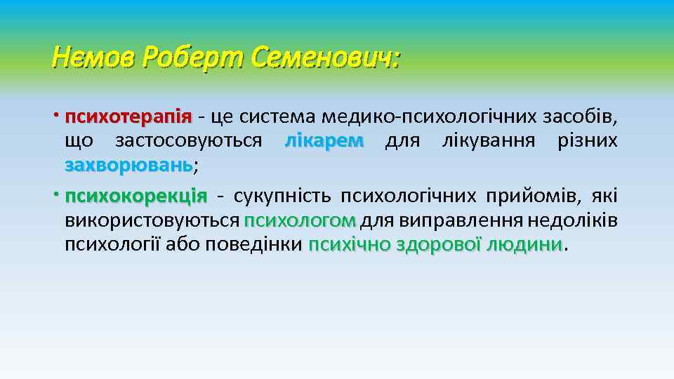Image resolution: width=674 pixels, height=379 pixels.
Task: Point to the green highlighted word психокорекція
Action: point(136,194)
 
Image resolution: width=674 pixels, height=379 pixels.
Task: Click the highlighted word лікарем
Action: point(324,141)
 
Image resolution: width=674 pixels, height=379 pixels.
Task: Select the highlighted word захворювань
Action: point(128,166)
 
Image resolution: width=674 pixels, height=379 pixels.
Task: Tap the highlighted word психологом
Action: point(300,220)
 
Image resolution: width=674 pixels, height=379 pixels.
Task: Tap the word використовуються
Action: point(152,220)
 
